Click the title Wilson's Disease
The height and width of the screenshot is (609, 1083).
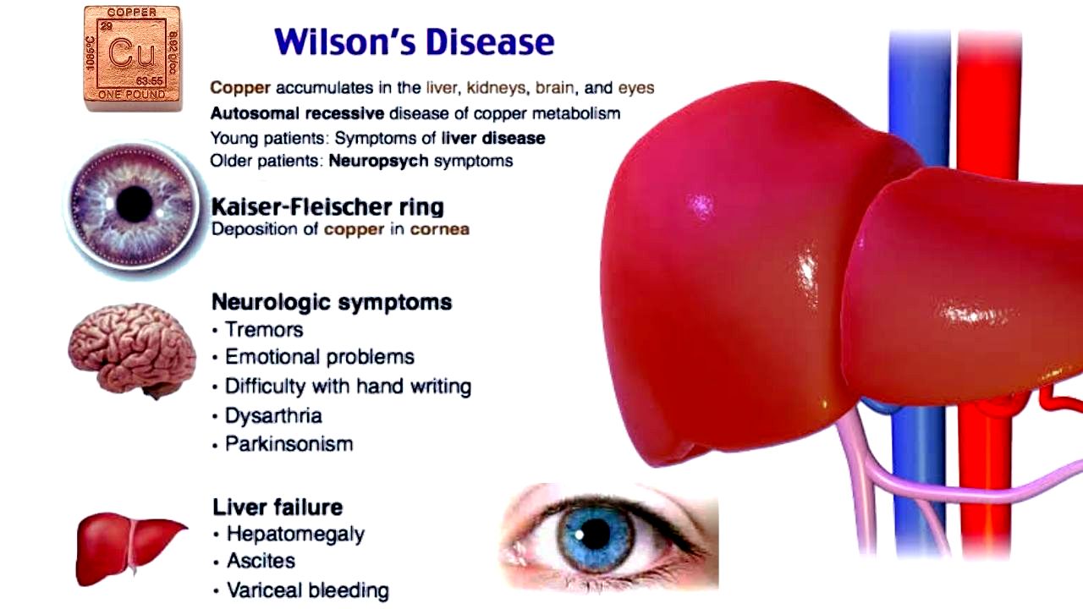(415, 41)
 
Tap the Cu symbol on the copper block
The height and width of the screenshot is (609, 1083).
(131, 52)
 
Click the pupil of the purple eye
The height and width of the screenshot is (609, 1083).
(135, 204)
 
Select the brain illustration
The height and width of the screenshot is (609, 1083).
(132, 350)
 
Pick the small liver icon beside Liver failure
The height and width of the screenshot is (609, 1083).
(130, 549)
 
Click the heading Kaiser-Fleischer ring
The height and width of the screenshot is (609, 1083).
(327, 207)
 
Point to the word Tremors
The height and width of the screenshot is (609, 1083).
(264, 330)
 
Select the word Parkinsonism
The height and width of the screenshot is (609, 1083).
(289, 444)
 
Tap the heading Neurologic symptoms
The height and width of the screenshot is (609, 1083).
(332, 303)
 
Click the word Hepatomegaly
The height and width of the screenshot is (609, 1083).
(295, 534)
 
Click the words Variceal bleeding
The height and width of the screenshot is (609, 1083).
(308, 590)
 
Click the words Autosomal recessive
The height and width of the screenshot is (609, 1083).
(297, 113)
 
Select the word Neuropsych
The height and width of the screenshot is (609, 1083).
(378, 161)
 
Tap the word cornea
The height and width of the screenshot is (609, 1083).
(439, 229)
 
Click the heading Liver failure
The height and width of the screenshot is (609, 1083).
(278, 507)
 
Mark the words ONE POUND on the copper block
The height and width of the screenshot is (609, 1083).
(131, 95)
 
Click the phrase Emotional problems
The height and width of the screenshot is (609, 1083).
(320, 357)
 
